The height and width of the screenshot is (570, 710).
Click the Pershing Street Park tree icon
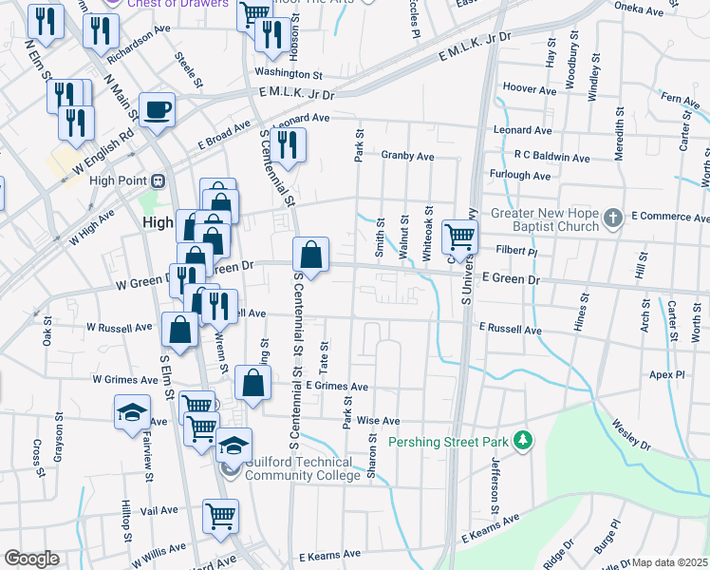pyautogui.click(x=521, y=441)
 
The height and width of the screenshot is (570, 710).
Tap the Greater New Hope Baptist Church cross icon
pyautogui.click(x=613, y=218)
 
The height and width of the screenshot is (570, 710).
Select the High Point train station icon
pyautogui.click(x=159, y=180)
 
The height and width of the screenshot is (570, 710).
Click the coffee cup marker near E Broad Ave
pyautogui.click(x=157, y=109)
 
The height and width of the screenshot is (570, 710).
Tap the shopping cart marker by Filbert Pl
pyautogui.click(x=459, y=237)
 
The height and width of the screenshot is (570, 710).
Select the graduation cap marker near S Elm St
pyautogui.click(x=132, y=413)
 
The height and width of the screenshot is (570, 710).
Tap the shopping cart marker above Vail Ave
pyautogui.click(x=220, y=516)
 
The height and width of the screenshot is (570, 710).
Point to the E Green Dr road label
pyautogui.click(x=510, y=279)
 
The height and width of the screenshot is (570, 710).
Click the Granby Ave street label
pyautogui.click(x=408, y=156)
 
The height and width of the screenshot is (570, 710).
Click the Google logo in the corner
pyautogui.click(x=31, y=559)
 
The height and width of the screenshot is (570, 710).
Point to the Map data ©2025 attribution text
pyautogui.click(x=669, y=563)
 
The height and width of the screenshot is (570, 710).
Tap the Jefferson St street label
pyautogui.click(x=495, y=481)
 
